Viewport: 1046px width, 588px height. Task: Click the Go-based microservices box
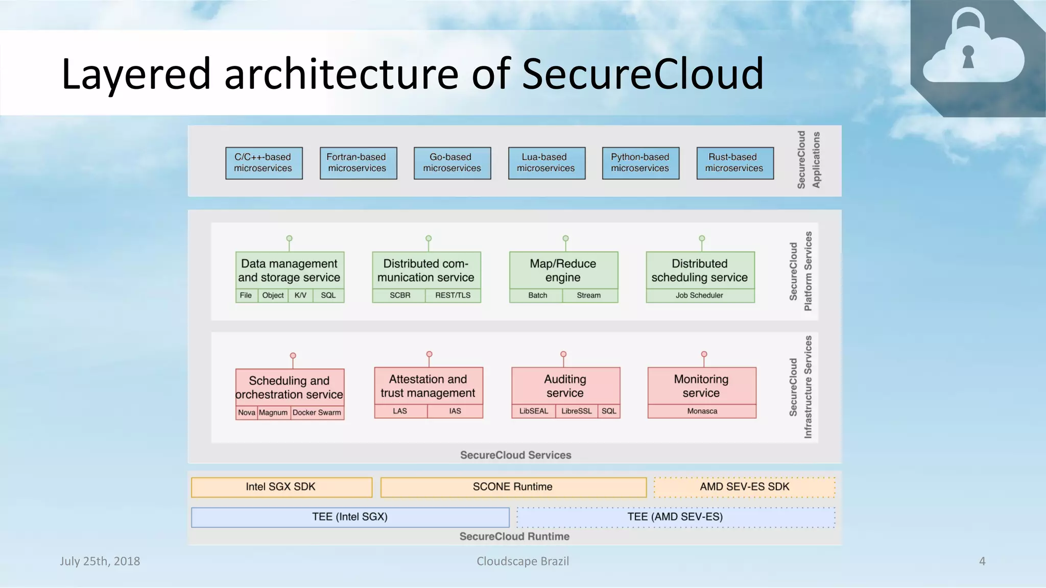coord(452,163)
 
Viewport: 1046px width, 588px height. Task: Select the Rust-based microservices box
coord(734,163)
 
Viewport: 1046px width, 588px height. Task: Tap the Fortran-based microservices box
coord(358,163)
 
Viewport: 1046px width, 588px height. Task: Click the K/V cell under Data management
coord(300,296)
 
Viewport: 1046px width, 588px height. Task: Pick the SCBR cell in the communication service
coord(399,296)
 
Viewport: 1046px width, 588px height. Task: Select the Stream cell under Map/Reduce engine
coord(589,296)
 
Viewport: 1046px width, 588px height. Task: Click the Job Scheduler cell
coord(699,296)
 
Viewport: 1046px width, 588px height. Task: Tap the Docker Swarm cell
coord(317,413)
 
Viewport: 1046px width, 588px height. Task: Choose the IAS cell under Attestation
coord(455,411)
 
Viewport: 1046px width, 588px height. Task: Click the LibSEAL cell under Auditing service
coord(533,411)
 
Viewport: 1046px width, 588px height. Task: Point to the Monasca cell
coord(702,411)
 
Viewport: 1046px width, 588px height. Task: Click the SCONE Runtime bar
coord(513,487)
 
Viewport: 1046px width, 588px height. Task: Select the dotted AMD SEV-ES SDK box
coord(744,487)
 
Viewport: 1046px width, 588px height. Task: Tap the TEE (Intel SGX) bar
coord(350,517)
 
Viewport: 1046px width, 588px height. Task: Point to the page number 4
coord(982,561)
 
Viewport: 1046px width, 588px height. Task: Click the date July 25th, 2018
coord(100,561)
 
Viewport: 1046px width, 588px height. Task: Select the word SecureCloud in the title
coord(642,74)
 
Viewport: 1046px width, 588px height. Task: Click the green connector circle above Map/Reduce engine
coord(565,238)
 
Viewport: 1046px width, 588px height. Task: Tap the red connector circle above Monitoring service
coord(704,354)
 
